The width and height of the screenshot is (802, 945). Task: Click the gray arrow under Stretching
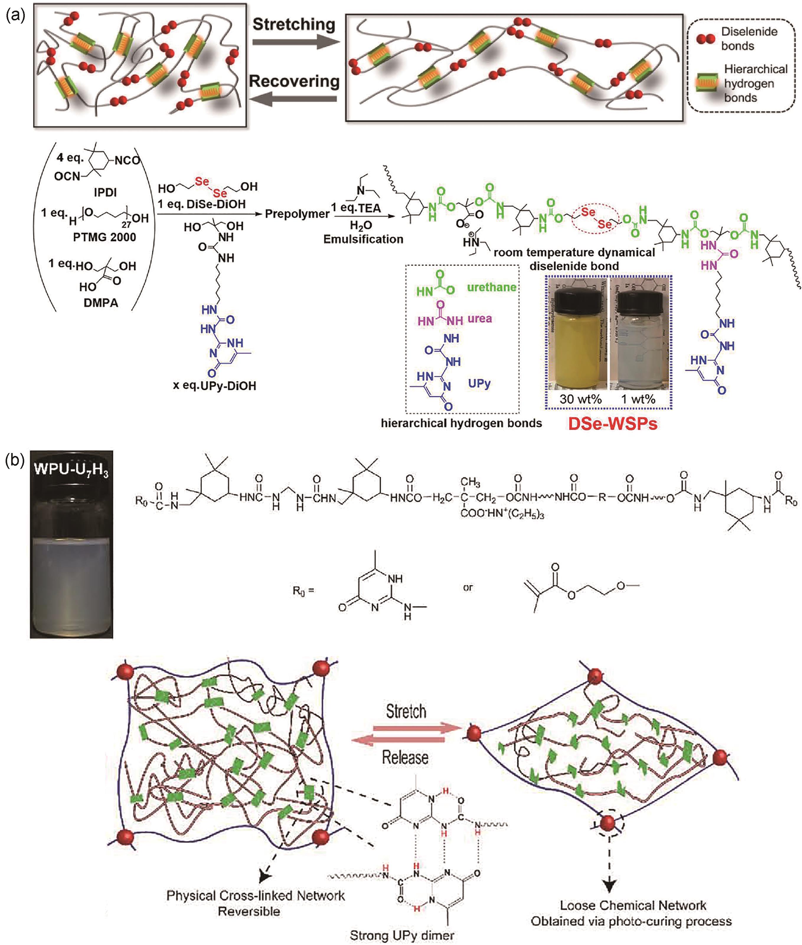coord(295,42)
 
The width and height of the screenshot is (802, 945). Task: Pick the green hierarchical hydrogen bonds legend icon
coord(708,83)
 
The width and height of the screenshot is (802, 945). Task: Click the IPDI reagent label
coord(105,192)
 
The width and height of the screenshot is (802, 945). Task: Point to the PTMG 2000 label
coord(104,237)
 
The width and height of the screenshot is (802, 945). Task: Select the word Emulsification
coord(363,239)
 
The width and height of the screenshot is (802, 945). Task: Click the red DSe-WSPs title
coord(612,423)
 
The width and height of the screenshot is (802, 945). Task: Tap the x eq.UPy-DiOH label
coord(214,386)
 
